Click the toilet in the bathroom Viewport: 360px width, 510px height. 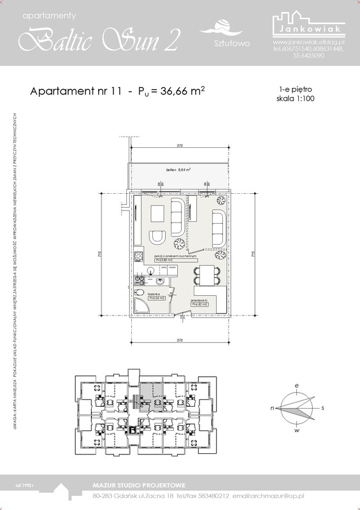pos(139,292)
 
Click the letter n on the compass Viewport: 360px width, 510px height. pos(273,407)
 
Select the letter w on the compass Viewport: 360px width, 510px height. pos(297,431)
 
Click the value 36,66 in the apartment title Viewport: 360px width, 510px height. pos(168,91)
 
